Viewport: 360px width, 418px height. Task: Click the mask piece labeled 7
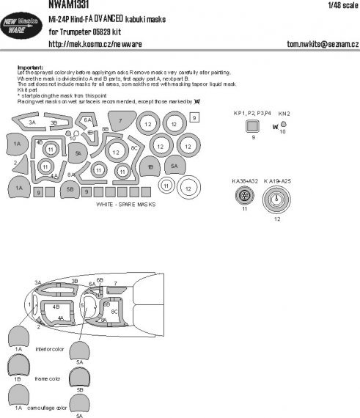click(120, 121)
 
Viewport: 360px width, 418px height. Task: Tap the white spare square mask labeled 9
click(194, 117)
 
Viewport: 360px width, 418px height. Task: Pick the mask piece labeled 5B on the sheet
click(70, 189)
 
